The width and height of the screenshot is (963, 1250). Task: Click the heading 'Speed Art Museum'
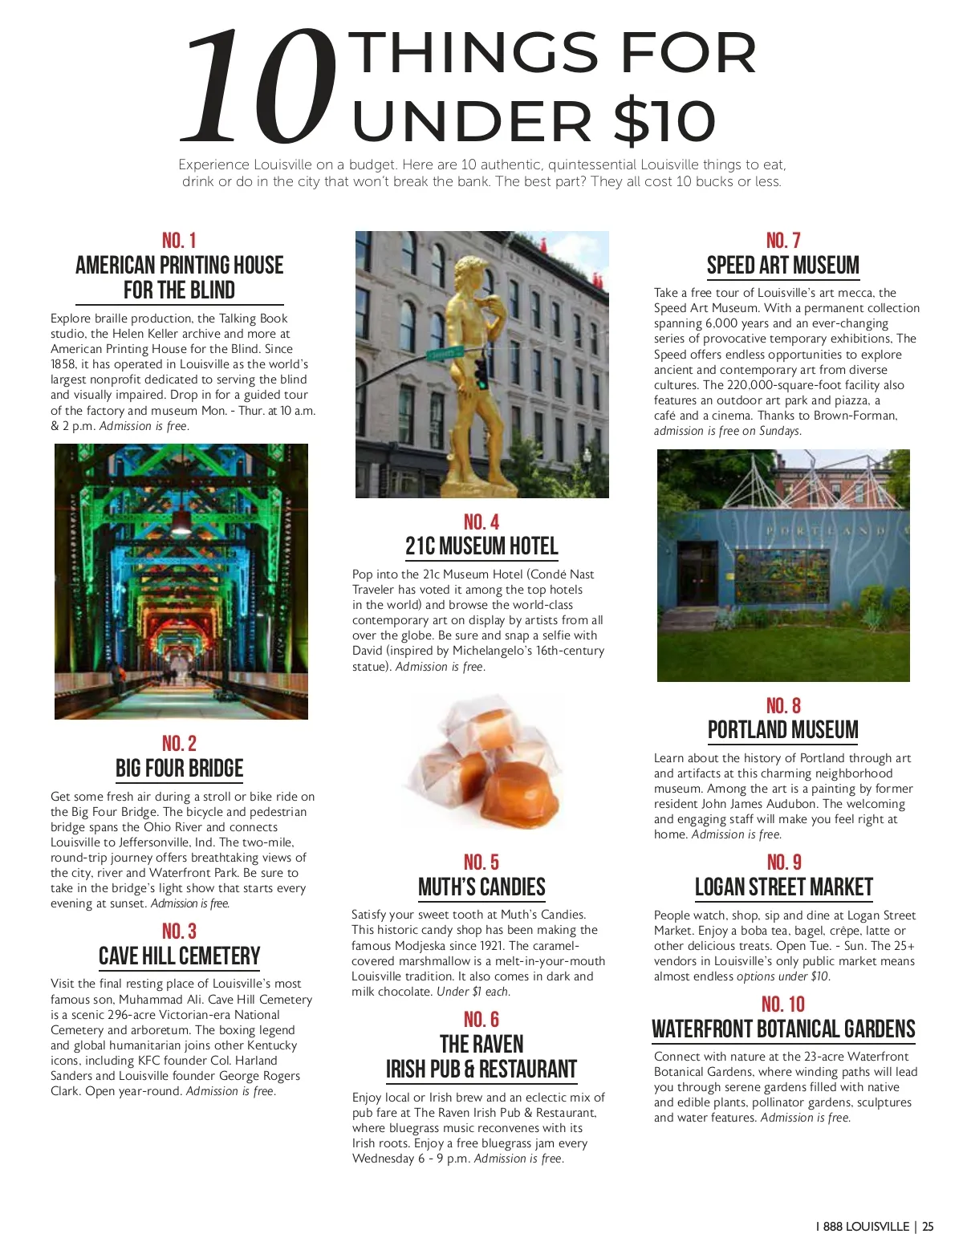click(x=782, y=266)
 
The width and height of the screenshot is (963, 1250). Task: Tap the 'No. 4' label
click(x=481, y=522)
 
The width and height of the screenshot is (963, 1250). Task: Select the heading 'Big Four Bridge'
click(x=179, y=769)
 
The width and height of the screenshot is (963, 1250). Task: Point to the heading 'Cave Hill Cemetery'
click(x=179, y=956)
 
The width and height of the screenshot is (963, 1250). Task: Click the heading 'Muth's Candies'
click(x=481, y=887)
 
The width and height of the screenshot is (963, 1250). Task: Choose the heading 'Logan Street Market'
click(x=783, y=887)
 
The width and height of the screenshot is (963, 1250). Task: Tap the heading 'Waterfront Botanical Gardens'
click(x=783, y=1029)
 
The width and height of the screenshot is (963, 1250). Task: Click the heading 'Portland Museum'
click(x=782, y=730)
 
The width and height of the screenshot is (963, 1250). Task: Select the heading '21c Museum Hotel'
click(x=481, y=547)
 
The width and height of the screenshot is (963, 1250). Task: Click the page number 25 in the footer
click(x=928, y=1227)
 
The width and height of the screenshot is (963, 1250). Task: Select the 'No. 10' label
click(x=783, y=1004)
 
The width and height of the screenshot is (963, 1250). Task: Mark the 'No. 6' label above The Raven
click(x=481, y=1020)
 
